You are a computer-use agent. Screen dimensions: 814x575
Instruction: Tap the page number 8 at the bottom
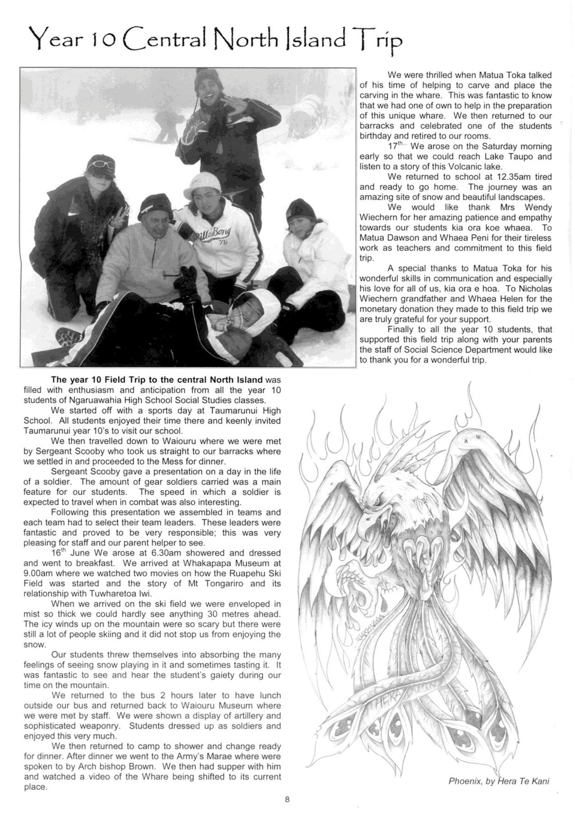(x=287, y=799)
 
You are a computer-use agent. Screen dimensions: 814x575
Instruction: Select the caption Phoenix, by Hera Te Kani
(x=499, y=781)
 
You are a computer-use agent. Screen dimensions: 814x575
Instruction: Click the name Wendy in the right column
(x=538, y=208)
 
